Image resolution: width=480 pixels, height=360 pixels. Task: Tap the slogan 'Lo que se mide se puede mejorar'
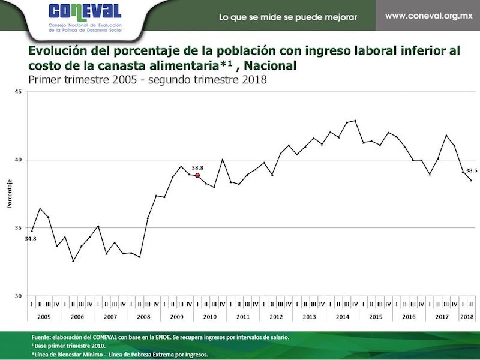tap(288, 17)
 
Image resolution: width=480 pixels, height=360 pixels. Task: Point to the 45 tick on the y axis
tap(17, 92)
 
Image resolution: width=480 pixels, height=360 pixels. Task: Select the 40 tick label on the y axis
tap(17, 160)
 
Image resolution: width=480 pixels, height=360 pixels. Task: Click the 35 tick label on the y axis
tap(17, 228)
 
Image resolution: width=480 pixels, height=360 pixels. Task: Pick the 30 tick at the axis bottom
tap(17, 296)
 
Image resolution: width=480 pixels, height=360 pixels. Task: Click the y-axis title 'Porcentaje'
tap(9, 194)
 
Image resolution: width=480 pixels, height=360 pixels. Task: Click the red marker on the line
tap(197, 175)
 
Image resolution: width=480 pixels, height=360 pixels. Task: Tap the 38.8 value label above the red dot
tap(197, 167)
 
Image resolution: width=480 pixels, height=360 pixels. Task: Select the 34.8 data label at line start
tap(30, 239)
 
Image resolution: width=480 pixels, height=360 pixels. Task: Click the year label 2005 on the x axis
tap(44, 316)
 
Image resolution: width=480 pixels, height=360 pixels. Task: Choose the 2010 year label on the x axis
tap(210, 316)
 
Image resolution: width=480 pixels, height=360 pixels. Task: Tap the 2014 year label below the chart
tap(343, 316)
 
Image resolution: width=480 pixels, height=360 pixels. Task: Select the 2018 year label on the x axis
tap(467, 316)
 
